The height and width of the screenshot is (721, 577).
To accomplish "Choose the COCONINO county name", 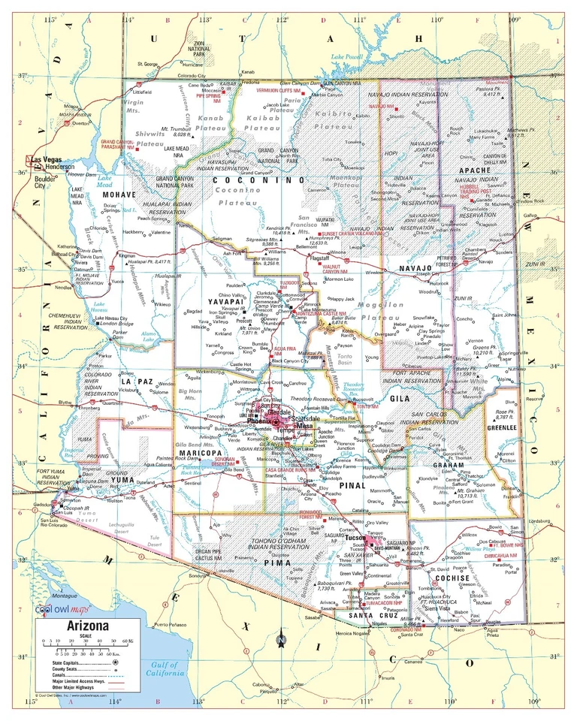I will pos(258,181).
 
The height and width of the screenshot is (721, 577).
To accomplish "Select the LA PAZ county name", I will pos(137,382).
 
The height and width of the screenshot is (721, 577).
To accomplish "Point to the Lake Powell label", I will pos(347,58).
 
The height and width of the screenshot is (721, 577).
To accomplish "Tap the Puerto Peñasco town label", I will pos(169,624).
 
